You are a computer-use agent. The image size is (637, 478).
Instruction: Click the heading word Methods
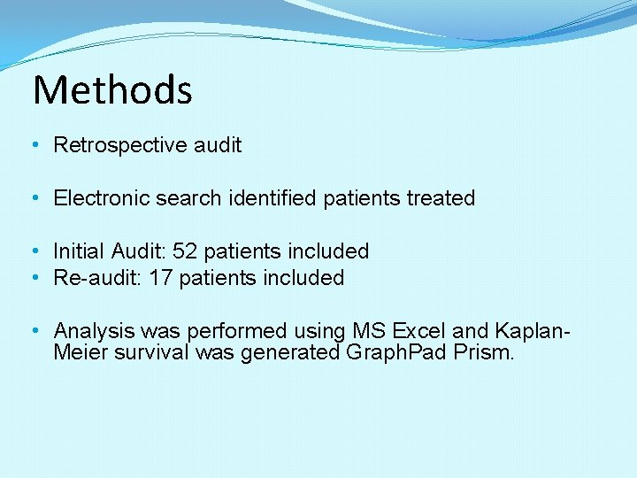click(x=112, y=89)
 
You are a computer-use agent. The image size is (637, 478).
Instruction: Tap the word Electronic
click(x=102, y=198)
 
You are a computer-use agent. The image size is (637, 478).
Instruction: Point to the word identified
click(x=272, y=198)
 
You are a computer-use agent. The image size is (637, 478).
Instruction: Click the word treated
click(x=441, y=198)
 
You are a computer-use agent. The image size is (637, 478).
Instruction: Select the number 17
click(x=160, y=278)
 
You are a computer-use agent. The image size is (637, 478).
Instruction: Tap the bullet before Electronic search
click(x=34, y=198)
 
